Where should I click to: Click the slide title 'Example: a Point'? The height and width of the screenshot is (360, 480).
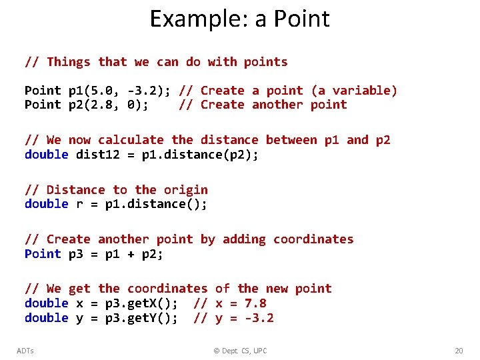pos(239,19)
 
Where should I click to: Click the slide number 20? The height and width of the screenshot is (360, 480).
pos(458,351)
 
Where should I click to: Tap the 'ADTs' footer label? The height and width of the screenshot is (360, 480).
pos(25,351)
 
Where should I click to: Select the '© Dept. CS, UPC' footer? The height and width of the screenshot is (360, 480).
pos(239,351)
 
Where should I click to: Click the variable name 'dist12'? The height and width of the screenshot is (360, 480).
pos(98,154)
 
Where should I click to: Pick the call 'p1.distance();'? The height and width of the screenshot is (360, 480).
pos(157,204)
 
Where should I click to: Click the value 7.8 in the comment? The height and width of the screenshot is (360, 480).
pos(255,303)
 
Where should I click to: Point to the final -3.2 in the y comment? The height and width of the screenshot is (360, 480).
pos(259,318)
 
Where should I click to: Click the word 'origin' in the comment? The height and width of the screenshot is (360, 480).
pos(186,190)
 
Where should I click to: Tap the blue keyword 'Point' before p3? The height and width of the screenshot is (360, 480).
pos(43,254)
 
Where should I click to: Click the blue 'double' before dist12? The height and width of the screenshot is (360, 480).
pos(47,154)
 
